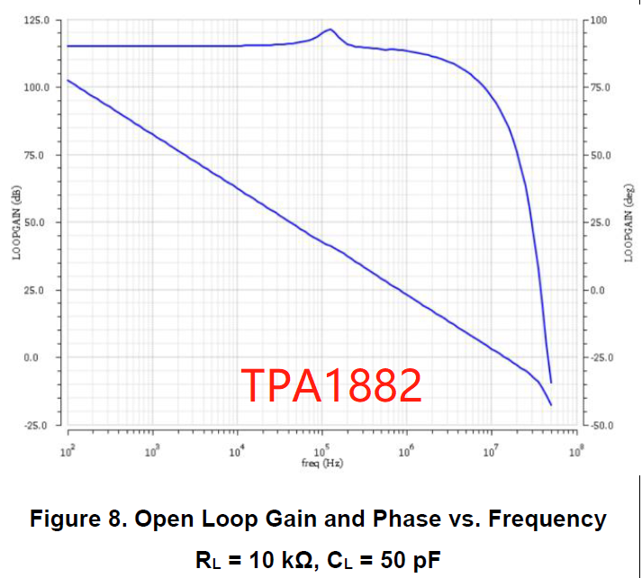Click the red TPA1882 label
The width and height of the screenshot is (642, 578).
point(330,385)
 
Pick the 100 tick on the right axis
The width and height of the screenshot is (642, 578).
point(601,20)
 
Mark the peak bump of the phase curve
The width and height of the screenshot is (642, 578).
point(330,30)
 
